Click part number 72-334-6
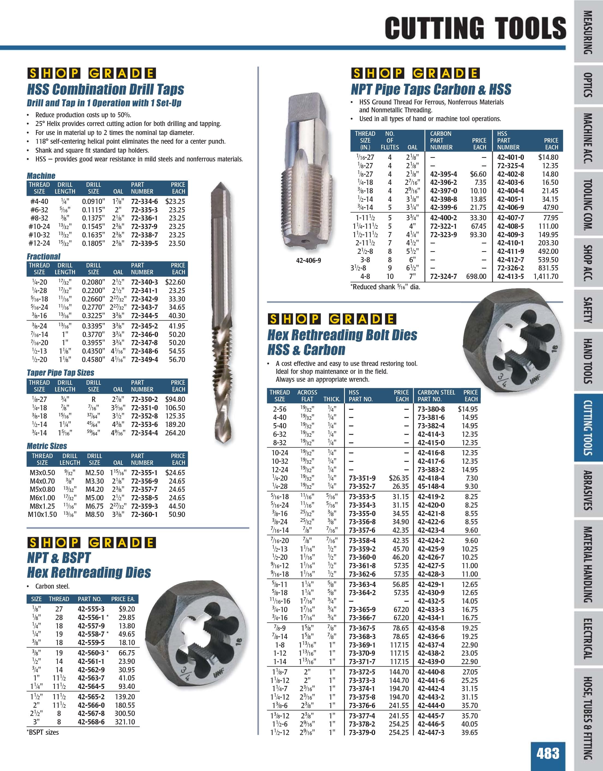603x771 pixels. (145, 201)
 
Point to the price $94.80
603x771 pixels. (175, 399)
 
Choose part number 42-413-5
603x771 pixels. (511, 276)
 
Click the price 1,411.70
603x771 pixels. (546, 276)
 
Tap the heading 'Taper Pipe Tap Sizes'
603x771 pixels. (60, 373)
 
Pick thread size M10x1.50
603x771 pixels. (42, 514)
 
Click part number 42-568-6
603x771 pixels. (91, 722)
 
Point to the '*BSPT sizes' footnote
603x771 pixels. (43, 733)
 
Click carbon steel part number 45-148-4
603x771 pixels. (431, 486)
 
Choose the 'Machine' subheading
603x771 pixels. (41, 176)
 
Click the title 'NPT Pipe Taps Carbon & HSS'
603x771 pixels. (431, 90)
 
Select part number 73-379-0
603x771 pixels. (362, 733)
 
